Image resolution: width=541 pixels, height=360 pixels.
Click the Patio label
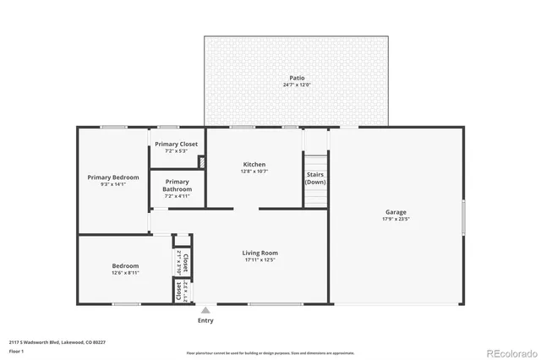click(x=296, y=78)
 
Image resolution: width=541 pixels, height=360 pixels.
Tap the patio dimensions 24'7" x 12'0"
click(x=296, y=85)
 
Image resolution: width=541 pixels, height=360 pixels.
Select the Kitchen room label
click(x=254, y=164)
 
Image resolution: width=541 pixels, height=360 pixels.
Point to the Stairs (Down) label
click(x=315, y=178)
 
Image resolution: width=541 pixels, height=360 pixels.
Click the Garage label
click(x=396, y=211)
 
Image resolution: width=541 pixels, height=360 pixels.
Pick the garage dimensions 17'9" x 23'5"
click(x=396, y=219)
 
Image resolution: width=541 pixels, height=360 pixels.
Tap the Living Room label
click(x=260, y=253)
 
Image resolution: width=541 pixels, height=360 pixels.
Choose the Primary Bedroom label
click(x=113, y=177)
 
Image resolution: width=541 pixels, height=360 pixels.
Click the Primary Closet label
click(x=176, y=144)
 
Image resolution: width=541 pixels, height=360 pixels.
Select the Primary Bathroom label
click(x=178, y=185)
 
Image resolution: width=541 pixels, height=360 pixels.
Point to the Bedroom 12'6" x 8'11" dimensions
click(x=124, y=273)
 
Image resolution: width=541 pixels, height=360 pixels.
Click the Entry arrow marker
click(x=205, y=311)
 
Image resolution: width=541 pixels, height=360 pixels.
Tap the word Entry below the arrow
click(x=205, y=320)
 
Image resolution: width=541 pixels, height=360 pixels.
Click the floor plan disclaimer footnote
click(x=270, y=352)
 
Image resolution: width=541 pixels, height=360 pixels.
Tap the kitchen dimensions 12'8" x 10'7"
click(x=254, y=172)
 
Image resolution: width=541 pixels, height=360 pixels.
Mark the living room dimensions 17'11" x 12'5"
click(x=260, y=260)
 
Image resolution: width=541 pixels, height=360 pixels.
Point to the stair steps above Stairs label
click(x=315, y=163)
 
